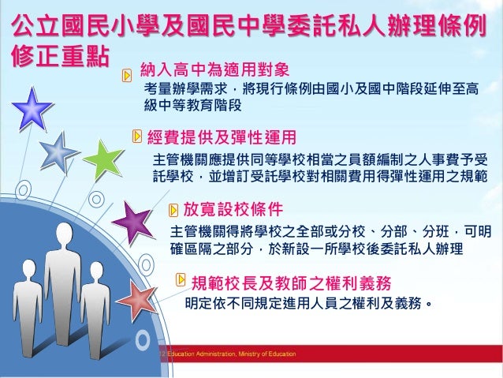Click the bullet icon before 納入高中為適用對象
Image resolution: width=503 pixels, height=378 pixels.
point(127,73)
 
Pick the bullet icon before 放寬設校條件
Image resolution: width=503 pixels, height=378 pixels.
point(175,209)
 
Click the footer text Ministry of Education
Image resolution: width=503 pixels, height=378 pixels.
point(267,354)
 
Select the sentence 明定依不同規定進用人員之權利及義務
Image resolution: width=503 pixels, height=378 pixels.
point(307,302)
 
